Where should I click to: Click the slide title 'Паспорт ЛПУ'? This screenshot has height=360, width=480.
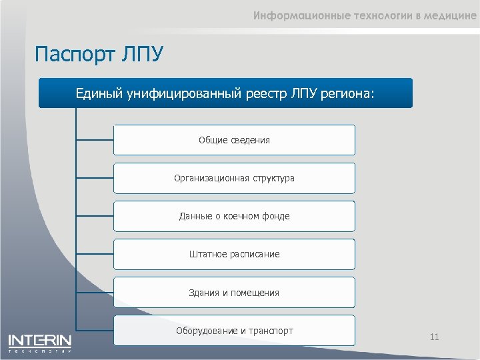[x=99, y=53]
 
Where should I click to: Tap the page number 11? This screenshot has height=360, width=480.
[x=434, y=337]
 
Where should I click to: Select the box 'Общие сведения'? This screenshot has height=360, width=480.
[x=234, y=140]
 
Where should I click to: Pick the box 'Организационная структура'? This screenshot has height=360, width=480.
[x=234, y=178]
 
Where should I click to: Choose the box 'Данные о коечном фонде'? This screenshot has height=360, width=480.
[x=234, y=216]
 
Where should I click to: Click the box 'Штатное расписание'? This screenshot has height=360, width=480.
[x=234, y=254]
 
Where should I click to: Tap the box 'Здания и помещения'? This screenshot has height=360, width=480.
[x=234, y=293]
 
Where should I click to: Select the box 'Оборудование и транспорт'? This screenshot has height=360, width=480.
[x=234, y=331]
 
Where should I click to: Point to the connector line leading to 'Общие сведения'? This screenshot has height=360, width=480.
[x=95, y=140]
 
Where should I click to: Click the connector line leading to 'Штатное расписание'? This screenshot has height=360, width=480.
[x=95, y=254]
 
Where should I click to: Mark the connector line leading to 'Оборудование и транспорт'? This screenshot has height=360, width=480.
[x=95, y=329]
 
